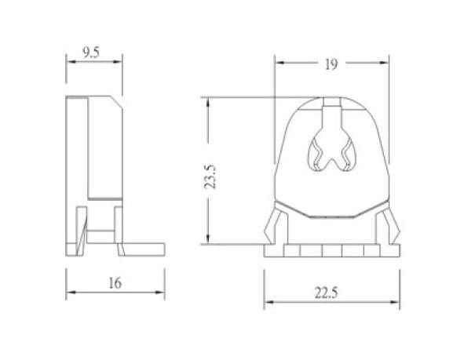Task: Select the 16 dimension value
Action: click(115, 284)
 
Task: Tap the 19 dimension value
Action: click(330, 65)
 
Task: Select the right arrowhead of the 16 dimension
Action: click(163, 293)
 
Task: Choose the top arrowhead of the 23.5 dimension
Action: click(208, 100)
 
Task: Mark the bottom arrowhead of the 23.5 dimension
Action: click(208, 242)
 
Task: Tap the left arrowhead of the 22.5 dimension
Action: click(265, 303)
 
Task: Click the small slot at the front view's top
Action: click(331, 104)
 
